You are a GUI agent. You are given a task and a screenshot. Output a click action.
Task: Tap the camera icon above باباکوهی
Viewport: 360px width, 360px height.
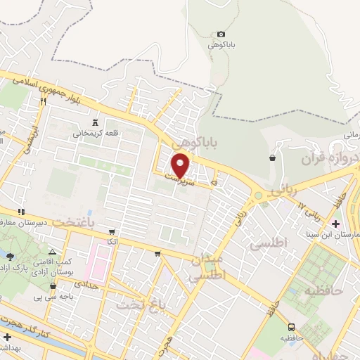click(x=221, y=34)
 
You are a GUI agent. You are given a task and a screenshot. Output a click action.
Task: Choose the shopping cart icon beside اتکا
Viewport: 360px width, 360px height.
click(x=111, y=231)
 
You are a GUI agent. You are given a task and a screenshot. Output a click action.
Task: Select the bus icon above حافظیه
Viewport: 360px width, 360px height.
click(x=291, y=327)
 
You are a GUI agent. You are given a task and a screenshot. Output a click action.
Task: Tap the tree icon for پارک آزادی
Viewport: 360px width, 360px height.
click(x=9, y=256)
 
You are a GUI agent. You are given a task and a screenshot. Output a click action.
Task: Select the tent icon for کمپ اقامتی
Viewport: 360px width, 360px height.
click(x=53, y=252)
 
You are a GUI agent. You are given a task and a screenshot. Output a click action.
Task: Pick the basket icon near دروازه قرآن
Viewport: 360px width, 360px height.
click(x=271, y=157)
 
